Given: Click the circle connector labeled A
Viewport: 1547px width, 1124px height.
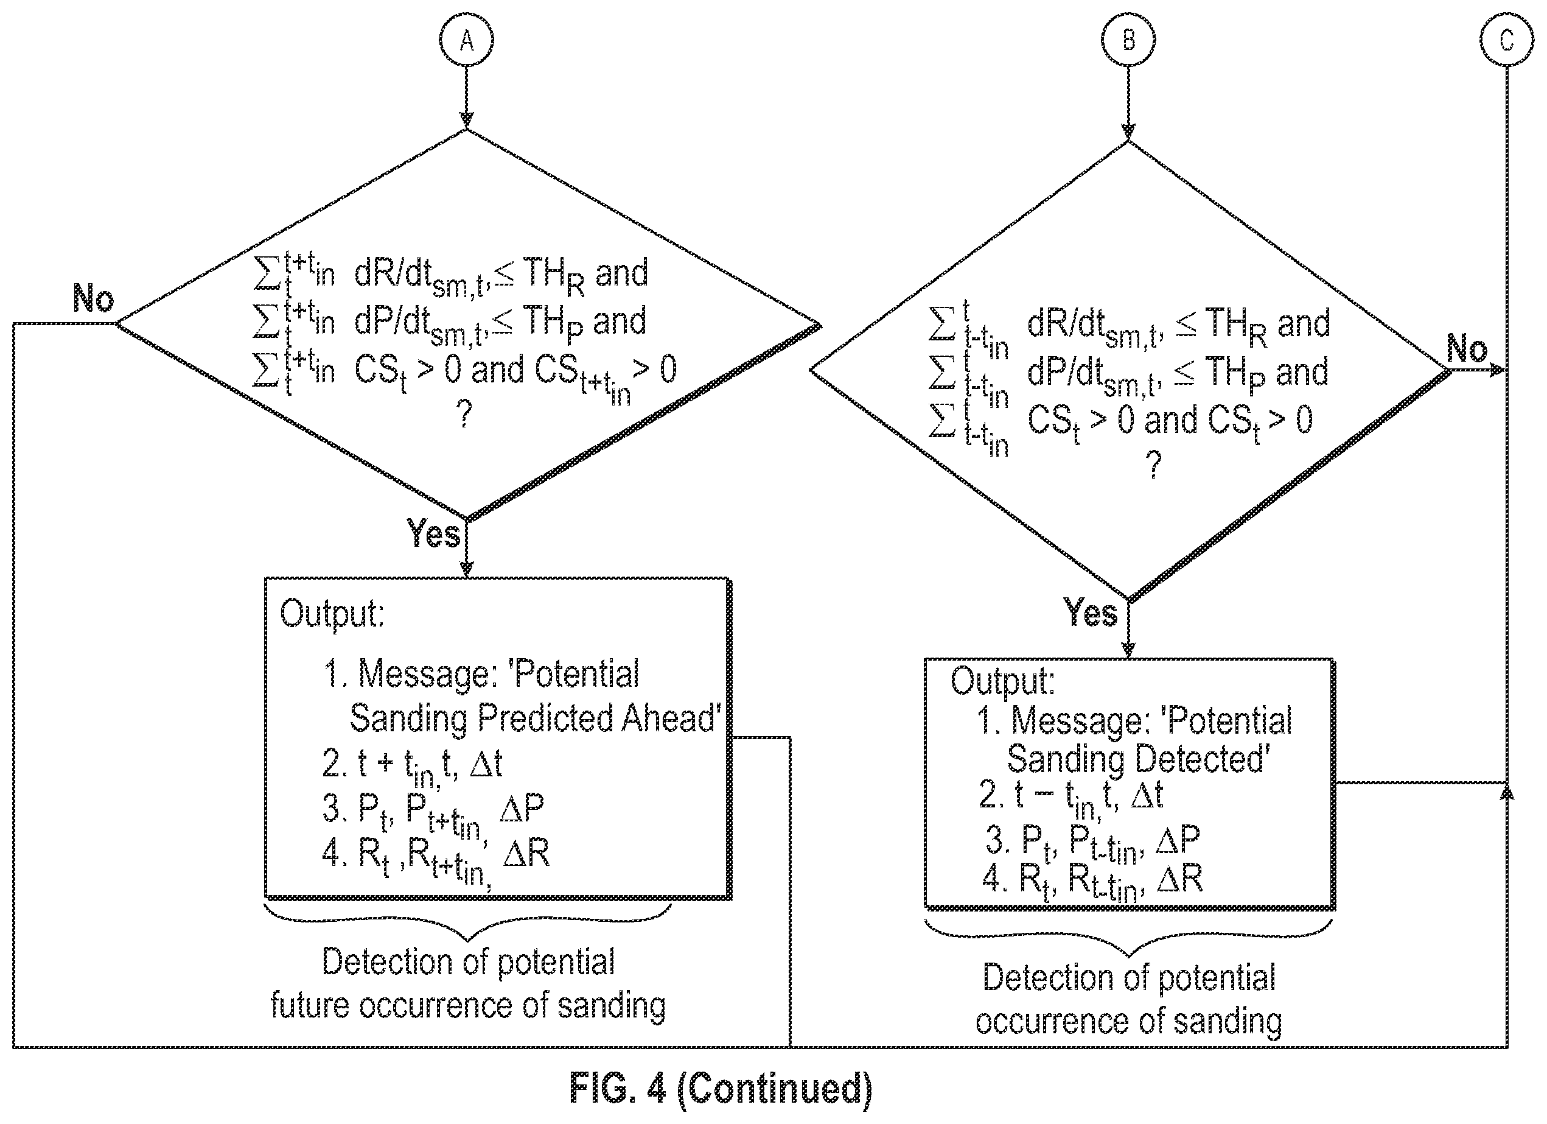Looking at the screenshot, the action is [467, 40].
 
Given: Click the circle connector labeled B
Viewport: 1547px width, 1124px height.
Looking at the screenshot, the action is [1129, 40].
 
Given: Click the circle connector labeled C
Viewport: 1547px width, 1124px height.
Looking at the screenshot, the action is [1507, 40].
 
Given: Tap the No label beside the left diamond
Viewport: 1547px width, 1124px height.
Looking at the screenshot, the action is [94, 298].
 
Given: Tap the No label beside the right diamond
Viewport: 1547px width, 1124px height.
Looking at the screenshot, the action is [1467, 349].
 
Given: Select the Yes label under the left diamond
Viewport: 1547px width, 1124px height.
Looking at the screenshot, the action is [434, 533].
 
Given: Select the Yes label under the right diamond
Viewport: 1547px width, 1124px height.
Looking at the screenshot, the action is [1091, 612].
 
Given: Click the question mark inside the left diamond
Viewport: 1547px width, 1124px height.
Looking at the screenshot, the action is [464, 413].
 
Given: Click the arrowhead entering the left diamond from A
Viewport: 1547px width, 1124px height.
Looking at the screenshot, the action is [467, 120].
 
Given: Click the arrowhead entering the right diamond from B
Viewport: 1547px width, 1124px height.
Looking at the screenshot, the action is [1129, 132].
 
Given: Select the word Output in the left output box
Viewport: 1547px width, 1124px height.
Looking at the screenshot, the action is [332, 614].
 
